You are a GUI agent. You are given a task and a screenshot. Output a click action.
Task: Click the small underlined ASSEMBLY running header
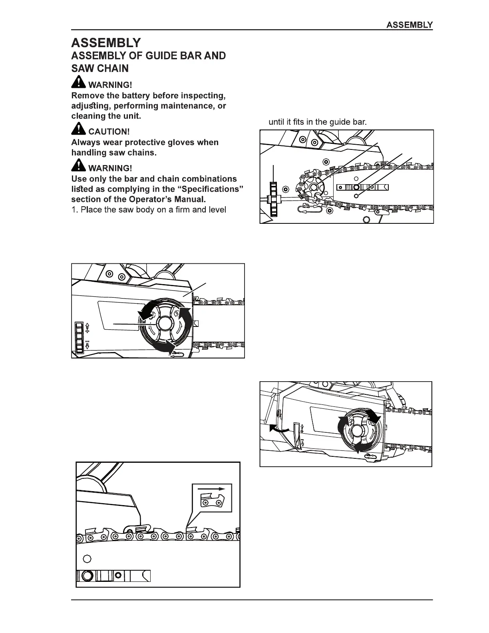(x=409, y=25)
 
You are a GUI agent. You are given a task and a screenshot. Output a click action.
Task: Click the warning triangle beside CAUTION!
(x=79, y=129)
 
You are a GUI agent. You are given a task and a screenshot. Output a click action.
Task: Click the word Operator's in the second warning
(x=152, y=199)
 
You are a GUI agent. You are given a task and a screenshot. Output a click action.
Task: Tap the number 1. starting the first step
(x=75, y=209)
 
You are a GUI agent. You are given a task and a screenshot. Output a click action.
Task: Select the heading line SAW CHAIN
(x=100, y=68)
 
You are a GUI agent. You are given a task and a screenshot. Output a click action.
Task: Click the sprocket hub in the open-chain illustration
(x=312, y=187)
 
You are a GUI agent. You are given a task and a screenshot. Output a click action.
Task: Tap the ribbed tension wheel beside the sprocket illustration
(x=273, y=199)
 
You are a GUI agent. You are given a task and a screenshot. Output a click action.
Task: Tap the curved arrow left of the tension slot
(x=277, y=428)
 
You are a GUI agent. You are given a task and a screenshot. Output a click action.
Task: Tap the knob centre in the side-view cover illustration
(x=164, y=322)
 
